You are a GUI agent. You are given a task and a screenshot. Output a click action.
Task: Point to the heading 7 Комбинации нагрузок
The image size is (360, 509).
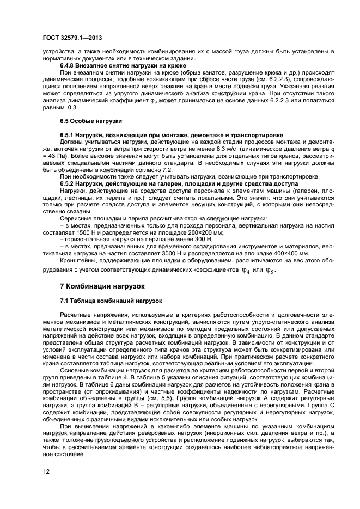point(101,285)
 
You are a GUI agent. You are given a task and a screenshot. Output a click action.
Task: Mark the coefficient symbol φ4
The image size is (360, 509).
point(245,269)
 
